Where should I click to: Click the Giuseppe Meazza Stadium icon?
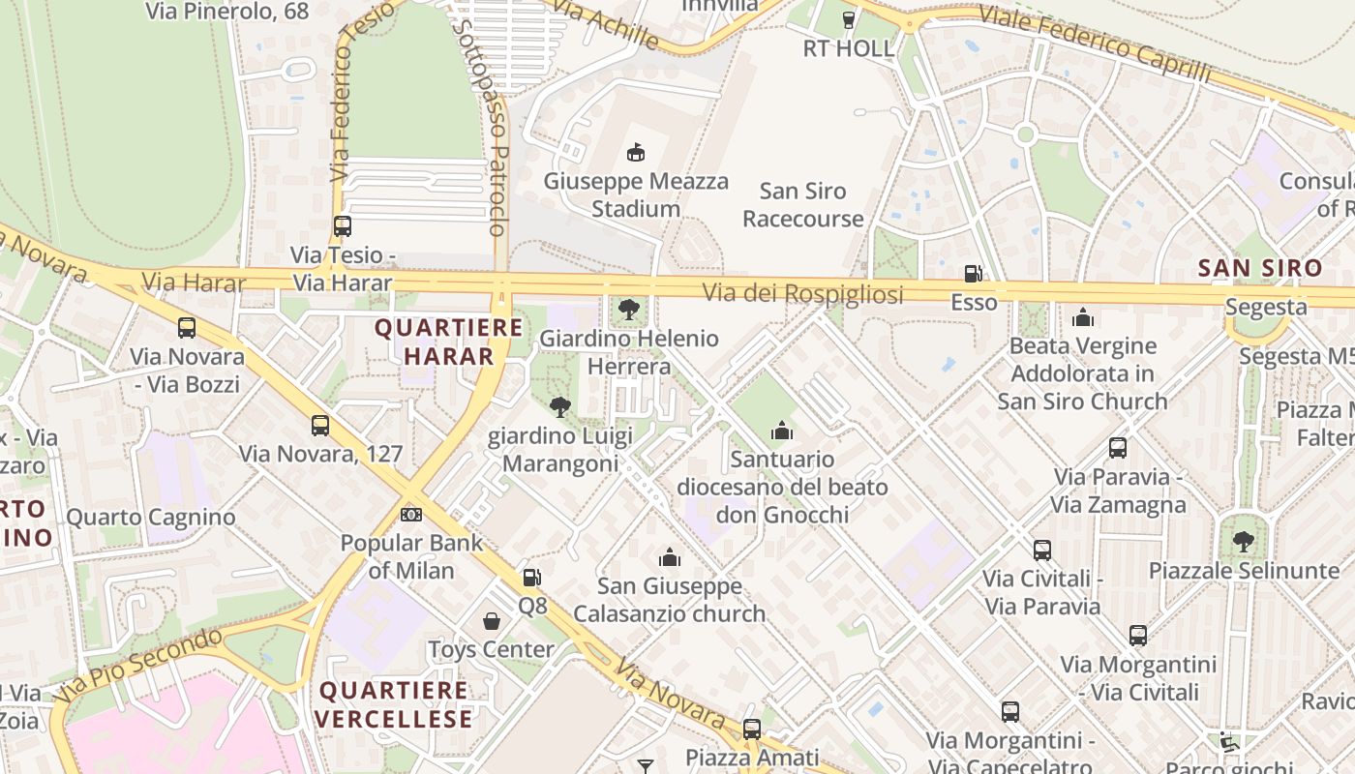(636, 152)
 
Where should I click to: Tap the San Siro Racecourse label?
(802, 205)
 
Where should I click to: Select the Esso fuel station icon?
(973, 275)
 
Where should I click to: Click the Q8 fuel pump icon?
(531, 578)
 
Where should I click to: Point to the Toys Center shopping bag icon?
(492, 620)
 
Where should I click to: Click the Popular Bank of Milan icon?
(411, 514)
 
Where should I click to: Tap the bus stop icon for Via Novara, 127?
(320, 425)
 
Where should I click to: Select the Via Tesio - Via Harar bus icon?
(342, 226)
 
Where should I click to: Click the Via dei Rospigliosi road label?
(802, 293)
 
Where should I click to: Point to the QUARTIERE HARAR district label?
(448, 342)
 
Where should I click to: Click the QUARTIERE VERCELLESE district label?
(393, 704)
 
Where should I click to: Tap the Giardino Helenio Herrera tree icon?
(629, 310)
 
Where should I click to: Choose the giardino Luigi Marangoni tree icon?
(559, 407)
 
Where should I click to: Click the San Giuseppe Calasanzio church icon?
(669, 557)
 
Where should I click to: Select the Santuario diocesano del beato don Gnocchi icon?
(782, 431)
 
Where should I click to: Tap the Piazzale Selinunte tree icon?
(1244, 542)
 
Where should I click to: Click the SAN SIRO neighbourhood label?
(1259, 268)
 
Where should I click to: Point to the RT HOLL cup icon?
(849, 20)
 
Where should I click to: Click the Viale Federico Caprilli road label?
(1094, 44)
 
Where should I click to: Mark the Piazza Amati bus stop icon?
(752, 729)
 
